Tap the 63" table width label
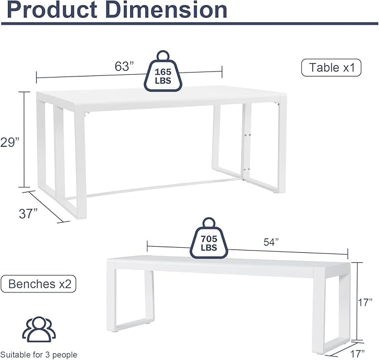coord(124,66)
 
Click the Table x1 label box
coord(332,68)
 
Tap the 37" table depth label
coord(28,213)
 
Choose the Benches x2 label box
coord(39,284)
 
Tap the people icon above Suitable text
coord(39,329)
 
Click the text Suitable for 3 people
coord(39,354)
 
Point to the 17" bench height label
coord(366,303)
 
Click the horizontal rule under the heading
coord(189,24)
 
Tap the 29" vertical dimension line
coord(24,140)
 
